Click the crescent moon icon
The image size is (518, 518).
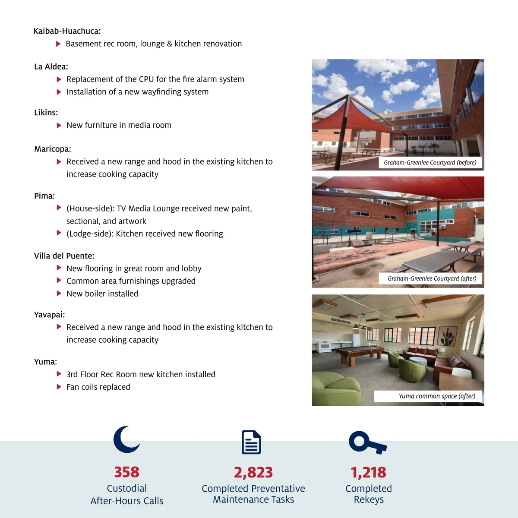coord(126,439)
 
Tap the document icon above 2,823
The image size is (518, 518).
coord(251,442)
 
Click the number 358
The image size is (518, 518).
coord(126,472)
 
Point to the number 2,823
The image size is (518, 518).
coord(253,472)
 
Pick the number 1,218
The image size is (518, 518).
coord(368,472)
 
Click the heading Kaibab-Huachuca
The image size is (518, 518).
coord(67,31)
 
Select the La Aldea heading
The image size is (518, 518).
coord(51,66)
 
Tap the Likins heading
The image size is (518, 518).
coord(46,113)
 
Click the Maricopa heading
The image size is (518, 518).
coord(53,149)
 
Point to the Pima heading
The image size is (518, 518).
coord(44,196)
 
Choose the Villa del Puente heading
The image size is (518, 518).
coord(64,256)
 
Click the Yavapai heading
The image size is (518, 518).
coord(49,315)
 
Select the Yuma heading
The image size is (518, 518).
coord(45,362)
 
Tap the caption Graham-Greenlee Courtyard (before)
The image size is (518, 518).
coord(430,163)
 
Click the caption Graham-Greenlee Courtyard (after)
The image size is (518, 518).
coord(432,278)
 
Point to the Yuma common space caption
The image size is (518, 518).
coord(437,396)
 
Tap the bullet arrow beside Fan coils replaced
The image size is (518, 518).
coord(59,387)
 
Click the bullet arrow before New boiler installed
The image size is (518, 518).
coord(59,294)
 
